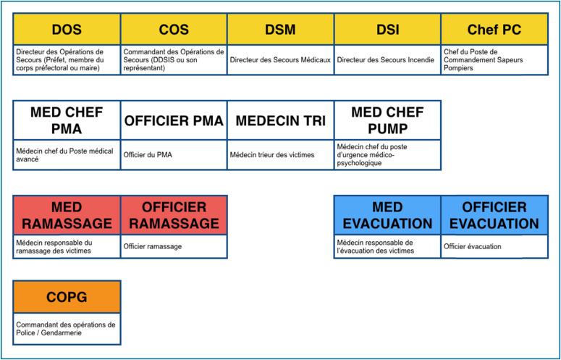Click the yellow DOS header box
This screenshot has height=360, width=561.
[x=67, y=30]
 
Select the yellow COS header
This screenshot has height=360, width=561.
[x=174, y=30]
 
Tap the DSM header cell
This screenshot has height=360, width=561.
[x=281, y=30]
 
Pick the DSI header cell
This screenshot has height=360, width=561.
[x=387, y=30]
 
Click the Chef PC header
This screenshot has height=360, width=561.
[x=494, y=30]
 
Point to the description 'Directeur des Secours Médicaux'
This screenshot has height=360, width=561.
[x=280, y=60]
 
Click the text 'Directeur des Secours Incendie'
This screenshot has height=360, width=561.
[x=387, y=60]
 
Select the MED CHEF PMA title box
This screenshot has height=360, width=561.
[x=67, y=120]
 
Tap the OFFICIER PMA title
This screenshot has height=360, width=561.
[x=174, y=120]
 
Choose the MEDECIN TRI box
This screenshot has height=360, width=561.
[x=281, y=120]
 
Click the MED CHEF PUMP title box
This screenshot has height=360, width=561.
[x=387, y=120]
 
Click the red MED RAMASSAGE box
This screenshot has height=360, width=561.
[x=67, y=215]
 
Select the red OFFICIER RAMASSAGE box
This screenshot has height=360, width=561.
[x=174, y=215]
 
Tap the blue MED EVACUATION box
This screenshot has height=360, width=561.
[x=387, y=215]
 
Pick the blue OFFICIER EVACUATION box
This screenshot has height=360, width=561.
[x=494, y=215]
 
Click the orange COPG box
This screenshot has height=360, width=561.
[x=67, y=298]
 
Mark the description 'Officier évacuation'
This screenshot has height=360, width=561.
[x=472, y=247]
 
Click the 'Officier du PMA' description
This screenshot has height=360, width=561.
[x=148, y=155]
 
